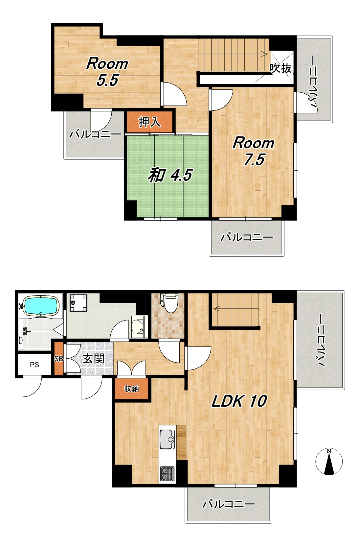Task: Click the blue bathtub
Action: [x=41, y=306]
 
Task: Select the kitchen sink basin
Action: [x=167, y=439]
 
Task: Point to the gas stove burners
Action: [x=167, y=474]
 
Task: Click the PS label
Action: [x=34, y=365]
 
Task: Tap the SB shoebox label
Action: [x=58, y=359]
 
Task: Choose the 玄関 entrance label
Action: [x=94, y=359]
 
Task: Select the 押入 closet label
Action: [x=149, y=122]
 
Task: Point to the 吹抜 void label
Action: [x=281, y=68]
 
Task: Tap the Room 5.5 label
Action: [x=107, y=72]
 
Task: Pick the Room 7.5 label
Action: [x=254, y=151]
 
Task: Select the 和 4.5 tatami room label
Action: [x=170, y=175]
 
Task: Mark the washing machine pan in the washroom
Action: [x=79, y=302]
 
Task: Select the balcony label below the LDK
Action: [x=229, y=504]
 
